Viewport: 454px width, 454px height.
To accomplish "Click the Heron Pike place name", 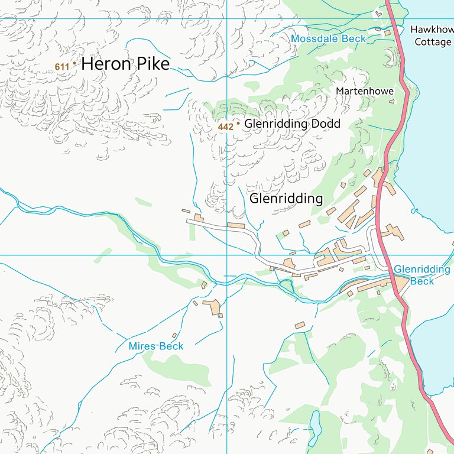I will pyautogui.click(x=125, y=64).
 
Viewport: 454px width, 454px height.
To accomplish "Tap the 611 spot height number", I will pyautogui.click(x=61, y=67).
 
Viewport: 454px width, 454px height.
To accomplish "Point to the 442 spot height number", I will pyautogui.click(x=226, y=127).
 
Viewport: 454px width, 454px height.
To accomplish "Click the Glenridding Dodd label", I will pyautogui.click(x=292, y=124).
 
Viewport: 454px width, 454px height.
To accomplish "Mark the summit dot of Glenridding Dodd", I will pyautogui.click(x=238, y=124).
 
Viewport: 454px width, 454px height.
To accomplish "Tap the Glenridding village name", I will pyautogui.click(x=286, y=199).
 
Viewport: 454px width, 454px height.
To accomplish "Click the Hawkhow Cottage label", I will pyautogui.click(x=432, y=35).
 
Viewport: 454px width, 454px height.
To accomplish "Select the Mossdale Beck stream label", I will pyautogui.click(x=328, y=39).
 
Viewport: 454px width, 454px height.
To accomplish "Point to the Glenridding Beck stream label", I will pyautogui.click(x=422, y=275).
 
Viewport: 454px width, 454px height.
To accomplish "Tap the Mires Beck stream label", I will pyautogui.click(x=156, y=346).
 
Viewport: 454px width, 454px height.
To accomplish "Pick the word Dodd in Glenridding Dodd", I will pyautogui.click(x=326, y=124).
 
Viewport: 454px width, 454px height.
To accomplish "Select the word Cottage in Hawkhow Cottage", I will pyautogui.click(x=433, y=42).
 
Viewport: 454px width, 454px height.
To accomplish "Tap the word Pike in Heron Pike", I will pyautogui.click(x=153, y=64).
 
